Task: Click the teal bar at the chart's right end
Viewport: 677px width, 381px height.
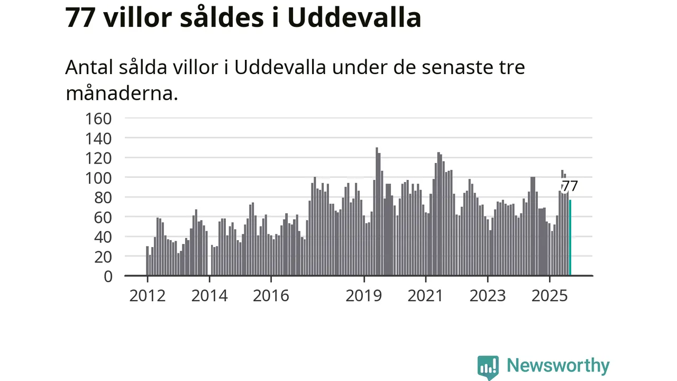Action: pyautogui.click(x=570, y=238)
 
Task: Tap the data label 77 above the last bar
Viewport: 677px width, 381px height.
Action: pyautogui.click(x=570, y=186)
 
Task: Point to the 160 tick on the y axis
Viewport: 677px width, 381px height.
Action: pyautogui.click(x=98, y=118)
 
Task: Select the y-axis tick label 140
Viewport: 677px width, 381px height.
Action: pyautogui.click(x=98, y=138)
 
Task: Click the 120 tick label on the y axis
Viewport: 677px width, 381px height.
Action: pyautogui.click(x=98, y=158)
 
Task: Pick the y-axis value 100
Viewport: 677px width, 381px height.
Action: pyautogui.click(x=98, y=177)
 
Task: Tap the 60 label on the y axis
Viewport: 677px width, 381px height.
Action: pyautogui.click(x=104, y=217)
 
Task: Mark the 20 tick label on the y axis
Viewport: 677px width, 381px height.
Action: pyautogui.click(x=104, y=256)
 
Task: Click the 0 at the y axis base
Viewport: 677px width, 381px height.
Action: pyautogui.click(x=108, y=276)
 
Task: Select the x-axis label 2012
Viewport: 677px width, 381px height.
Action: pyautogui.click(x=148, y=295)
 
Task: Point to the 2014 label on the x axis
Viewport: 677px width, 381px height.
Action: pyautogui.click(x=209, y=295)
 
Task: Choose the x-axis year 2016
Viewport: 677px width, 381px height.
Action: pyautogui.click(x=271, y=295)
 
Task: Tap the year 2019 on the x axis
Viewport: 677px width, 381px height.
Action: pyautogui.click(x=364, y=295)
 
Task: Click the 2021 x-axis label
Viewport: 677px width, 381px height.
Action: pyautogui.click(x=426, y=295)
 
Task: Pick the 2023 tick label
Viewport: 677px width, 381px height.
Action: pyautogui.click(x=488, y=295)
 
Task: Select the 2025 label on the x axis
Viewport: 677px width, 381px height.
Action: pyautogui.click(x=550, y=295)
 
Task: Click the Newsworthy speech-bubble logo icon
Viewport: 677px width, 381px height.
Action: pyautogui.click(x=488, y=367)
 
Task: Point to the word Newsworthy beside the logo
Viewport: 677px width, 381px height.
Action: pyautogui.click(x=558, y=366)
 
